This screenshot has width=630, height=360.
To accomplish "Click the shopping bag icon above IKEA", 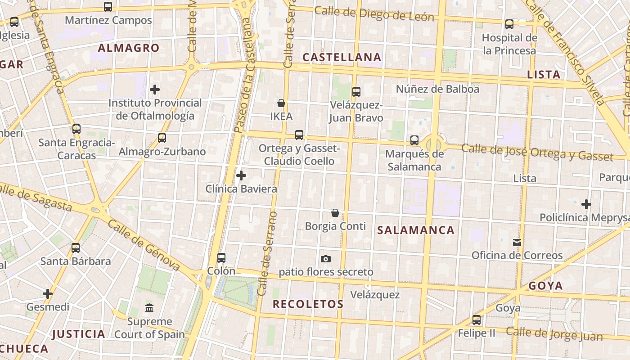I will (x=281, y=103).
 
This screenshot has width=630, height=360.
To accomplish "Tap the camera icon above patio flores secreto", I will (x=326, y=259).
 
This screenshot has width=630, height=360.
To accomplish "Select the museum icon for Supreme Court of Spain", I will (x=149, y=308).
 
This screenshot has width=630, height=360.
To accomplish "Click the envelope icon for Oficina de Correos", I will (x=517, y=243).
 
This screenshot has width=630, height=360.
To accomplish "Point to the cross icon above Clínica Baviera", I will (x=241, y=175).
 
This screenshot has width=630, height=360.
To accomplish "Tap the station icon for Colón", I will (x=221, y=258).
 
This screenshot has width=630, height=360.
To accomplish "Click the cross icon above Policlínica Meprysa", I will (x=586, y=204).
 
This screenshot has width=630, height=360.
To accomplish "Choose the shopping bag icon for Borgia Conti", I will (x=335, y=213).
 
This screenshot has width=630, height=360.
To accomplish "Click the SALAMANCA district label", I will (x=416, y=230).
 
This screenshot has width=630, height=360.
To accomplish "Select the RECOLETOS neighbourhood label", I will (x=308, y=304).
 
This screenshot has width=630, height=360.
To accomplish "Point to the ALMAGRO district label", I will (x=129, y=48).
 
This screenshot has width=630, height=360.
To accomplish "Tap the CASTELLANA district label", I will (x=342, y=57).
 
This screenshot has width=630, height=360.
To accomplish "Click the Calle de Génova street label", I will (x=144, y=245).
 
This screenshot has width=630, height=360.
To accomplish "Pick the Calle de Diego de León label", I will (x=374, y=14).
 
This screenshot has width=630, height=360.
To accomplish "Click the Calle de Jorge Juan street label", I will (x=554, y=334).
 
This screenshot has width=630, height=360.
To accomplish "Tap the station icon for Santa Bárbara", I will (x=76, y=248).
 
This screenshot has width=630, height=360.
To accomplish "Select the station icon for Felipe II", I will (x=477, y=320).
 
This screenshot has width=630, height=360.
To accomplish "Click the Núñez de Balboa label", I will (x=437, y=89).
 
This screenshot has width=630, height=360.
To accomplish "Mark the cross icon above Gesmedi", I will (x=48, y=294).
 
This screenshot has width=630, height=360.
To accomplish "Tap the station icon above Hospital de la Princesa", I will (x=509, y=24).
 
